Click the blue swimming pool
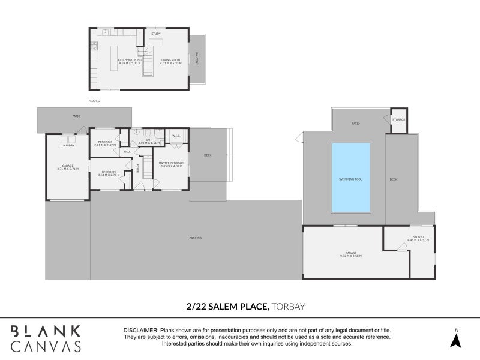pyautogui.click(x=350, y=177)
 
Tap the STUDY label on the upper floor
pyautogui.click(x=156, y=34)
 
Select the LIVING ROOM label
pyautogui.click(x=171, y=59)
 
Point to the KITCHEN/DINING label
pyautogui.click(x=129, y=59)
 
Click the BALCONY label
pyautogui.click(x=197, y=58)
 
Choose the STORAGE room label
pyautogui.click(x=399, y=119)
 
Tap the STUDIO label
pyautogui.click(x=418, y=237)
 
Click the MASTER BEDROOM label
pyautogui.click(x=171, y=163)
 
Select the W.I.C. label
pyautogui.click(x=176, y=136)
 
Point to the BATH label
pyautogui.click(x=149, y=140)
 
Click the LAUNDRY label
pyautogui.click(x=67, y=145)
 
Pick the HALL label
pyautogui.click(x=127, y=152)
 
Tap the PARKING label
pyautogui.click(x=195, y=238)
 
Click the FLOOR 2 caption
pyautogui.click(x=94, y=101)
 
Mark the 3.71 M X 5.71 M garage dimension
pyautogui.click(x=68, y=169)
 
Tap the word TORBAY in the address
pyautogui.click(x=289, y=306)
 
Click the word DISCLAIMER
pyautogui.click(x=140, y=331)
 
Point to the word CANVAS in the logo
pyautogui.click(x=46, y=346)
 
